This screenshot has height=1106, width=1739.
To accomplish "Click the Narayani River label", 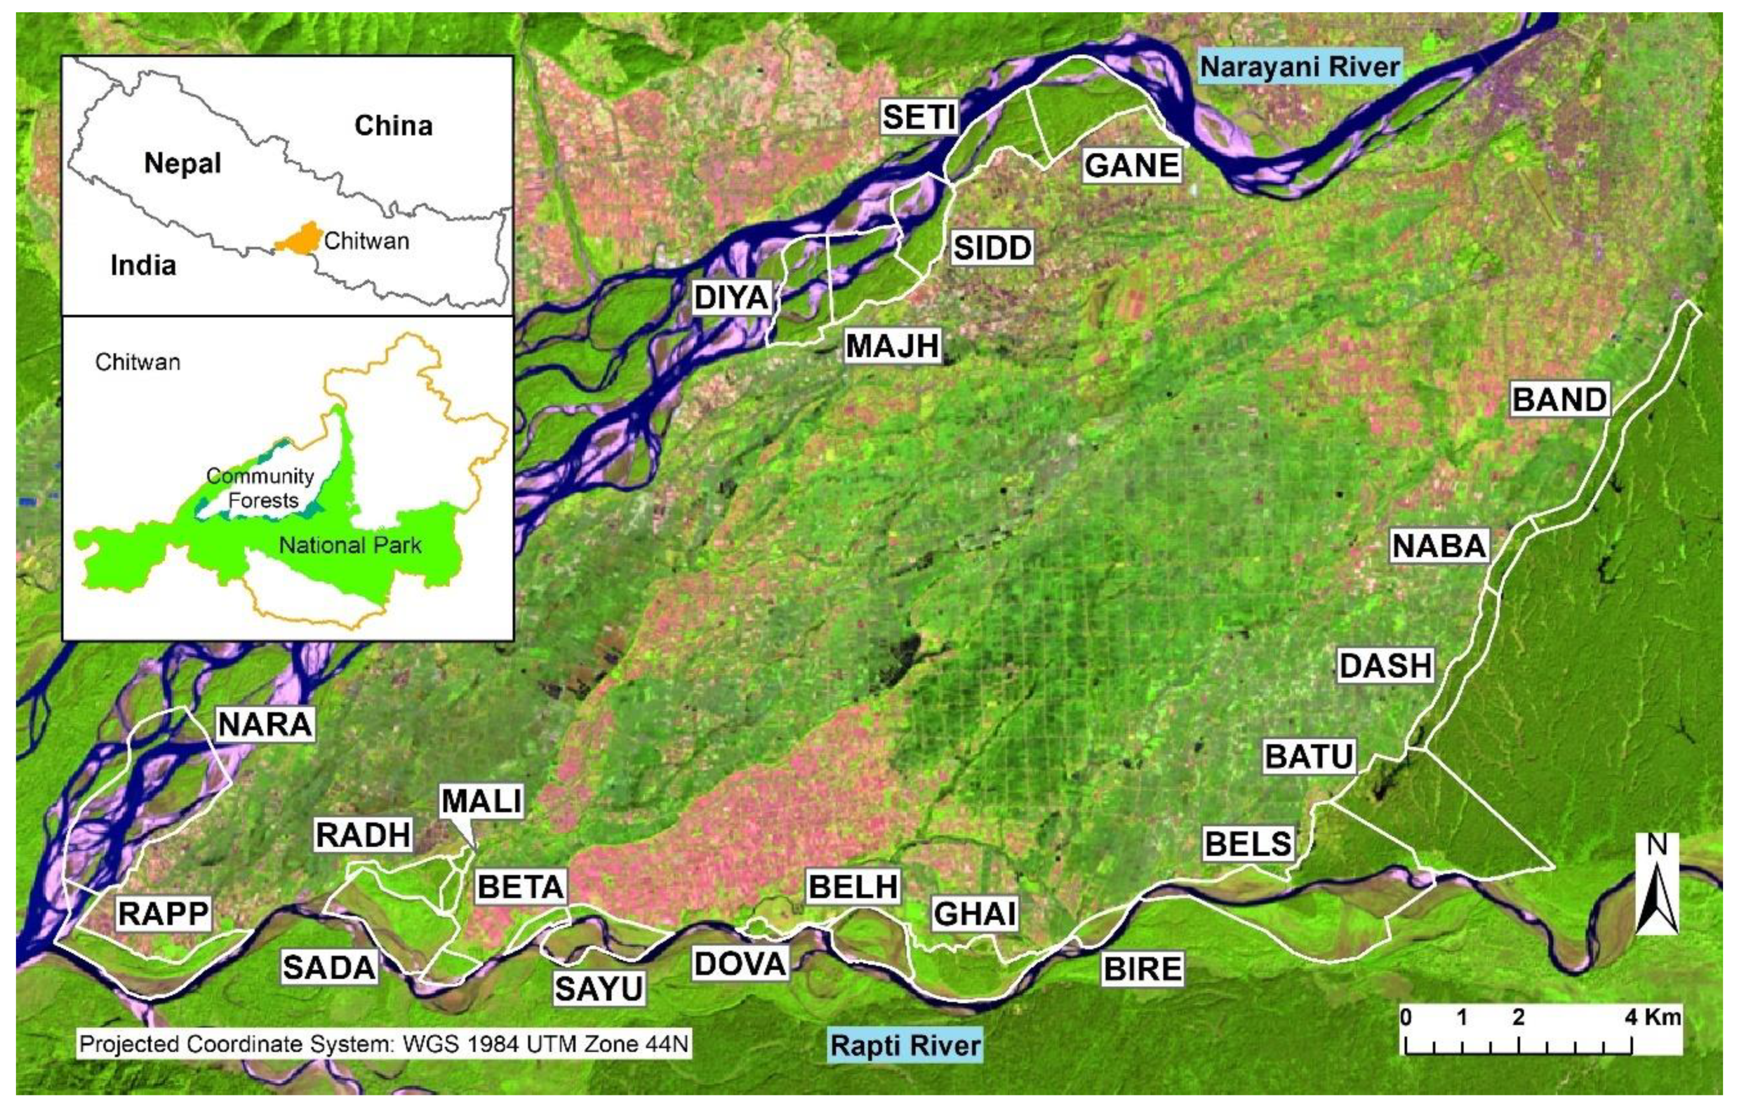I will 1299,67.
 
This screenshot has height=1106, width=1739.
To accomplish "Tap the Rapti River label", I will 906,1045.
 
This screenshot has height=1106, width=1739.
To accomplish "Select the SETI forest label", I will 919,117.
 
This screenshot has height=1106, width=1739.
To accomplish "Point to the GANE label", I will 1131,165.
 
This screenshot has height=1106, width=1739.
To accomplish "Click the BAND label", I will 1559,399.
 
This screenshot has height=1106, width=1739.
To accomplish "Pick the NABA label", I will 1439,546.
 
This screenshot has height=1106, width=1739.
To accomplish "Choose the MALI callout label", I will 481,801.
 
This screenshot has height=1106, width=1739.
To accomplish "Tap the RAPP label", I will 163,914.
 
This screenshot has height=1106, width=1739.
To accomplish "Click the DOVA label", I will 739,964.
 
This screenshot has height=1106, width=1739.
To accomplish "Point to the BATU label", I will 1309,757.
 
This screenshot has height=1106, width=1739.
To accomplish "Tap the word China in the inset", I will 393,126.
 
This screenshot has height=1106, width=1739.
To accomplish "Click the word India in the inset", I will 143,265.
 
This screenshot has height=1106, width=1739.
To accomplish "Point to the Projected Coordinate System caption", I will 383,1044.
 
